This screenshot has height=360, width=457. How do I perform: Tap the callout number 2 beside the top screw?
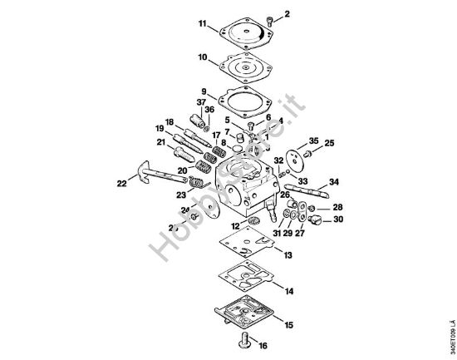tap(287, 14)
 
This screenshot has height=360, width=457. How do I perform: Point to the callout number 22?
tap(121, 182)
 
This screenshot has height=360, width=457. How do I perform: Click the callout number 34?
tap(334, 180)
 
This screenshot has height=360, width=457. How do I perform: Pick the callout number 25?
tap(329, 143)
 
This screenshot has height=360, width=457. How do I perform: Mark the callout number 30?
tap(337, 219)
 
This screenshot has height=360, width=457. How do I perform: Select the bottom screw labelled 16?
tap(246, 338)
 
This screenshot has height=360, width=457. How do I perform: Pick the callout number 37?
tap(200, 101)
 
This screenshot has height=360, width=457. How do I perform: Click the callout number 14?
tap(287, 292)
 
